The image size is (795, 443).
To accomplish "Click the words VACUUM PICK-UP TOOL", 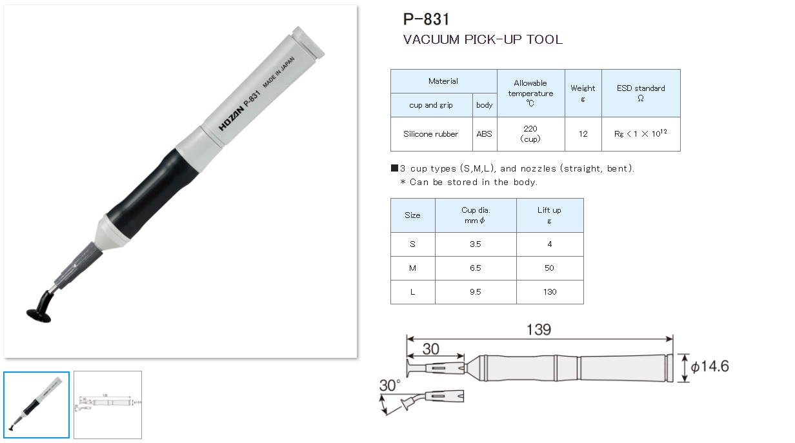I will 483,39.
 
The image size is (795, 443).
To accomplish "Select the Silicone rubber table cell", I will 430,134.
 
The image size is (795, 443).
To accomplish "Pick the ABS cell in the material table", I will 484,134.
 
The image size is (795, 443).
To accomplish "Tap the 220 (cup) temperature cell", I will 530,133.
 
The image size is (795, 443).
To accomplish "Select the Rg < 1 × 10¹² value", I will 640,134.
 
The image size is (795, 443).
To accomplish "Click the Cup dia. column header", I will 476,215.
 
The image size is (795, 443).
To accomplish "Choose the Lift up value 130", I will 549,291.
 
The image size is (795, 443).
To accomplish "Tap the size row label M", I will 412,268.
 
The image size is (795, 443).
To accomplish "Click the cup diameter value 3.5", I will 476,244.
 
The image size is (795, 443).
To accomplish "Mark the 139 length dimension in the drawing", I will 538,330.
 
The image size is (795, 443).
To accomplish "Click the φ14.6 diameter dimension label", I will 709,367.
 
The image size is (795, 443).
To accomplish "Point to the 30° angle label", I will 389,386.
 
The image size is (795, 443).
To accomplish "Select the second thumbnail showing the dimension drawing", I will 108,404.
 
